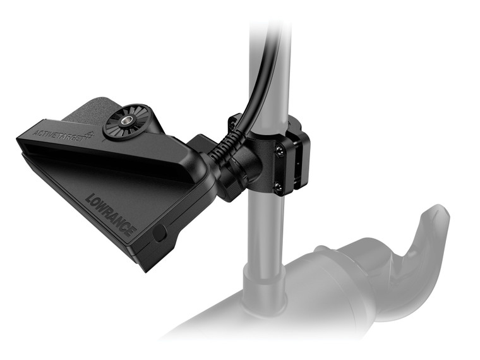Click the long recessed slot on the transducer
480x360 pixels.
tap(101, 161)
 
